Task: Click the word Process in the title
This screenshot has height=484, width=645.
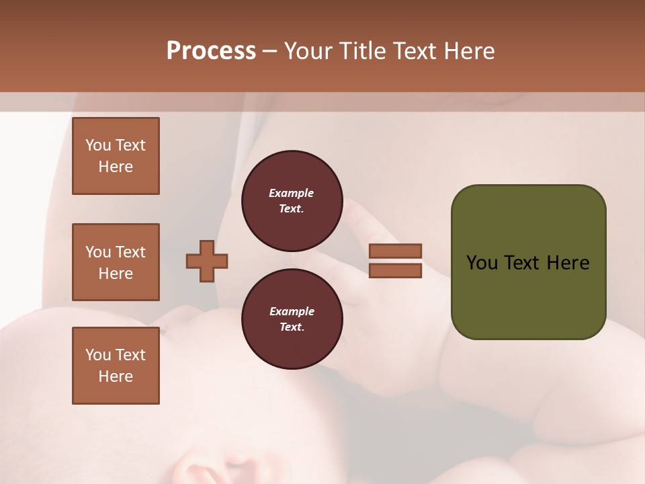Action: click(211, 51)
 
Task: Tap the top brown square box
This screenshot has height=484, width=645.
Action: click(116, 156)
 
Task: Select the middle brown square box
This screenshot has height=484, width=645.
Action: click(116, 262)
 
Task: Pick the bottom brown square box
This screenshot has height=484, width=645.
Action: click(116, 366)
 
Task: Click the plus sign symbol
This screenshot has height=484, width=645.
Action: click(207, 261)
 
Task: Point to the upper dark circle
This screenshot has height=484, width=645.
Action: click(292, 201)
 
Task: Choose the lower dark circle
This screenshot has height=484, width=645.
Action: click(292, 319)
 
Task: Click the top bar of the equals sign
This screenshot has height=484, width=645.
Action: click(396, 251)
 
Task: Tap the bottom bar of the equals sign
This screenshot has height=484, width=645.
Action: click(396, 271)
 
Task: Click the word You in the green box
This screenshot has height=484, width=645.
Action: click(482, 263)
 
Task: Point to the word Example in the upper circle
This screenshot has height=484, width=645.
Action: click(292, 194)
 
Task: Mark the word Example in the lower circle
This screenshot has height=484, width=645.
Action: click(292, 312)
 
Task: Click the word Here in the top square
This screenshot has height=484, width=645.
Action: click(116, 167)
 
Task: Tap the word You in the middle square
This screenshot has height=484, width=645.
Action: click(97, 252)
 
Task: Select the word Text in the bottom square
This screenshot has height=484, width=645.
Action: click(130, 355)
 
